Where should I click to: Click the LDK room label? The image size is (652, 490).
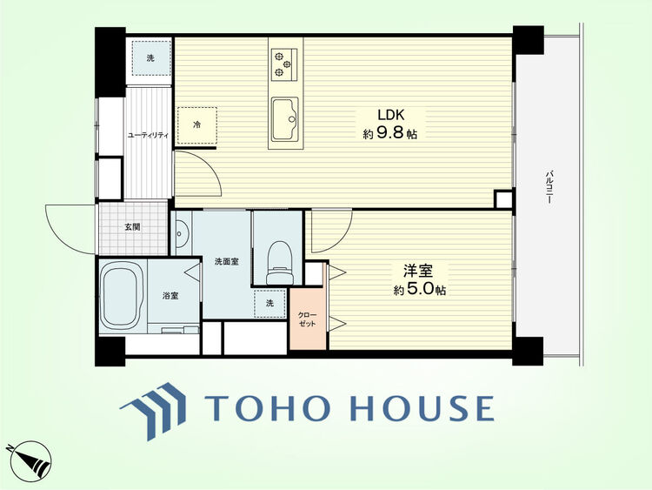pos(390,115)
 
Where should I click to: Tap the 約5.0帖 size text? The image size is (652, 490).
pos(420,289)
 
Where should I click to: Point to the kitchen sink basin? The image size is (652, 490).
pos(285,119)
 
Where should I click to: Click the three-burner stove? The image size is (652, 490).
pos(284,64)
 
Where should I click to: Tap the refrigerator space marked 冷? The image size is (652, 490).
pos(197,125)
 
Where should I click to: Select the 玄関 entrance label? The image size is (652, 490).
pos(133,227)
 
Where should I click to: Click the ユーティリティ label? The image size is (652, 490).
pos(148,135)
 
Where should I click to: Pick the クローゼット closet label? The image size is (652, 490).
pos(308,319)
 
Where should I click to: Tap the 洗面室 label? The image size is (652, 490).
pos(227,261)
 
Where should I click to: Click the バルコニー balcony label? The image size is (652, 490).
pos(549,186)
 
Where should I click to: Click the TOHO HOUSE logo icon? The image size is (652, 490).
pos(153,411)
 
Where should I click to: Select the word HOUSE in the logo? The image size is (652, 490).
pos(422,408)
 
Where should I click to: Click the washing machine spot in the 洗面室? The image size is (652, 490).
pos(269,304)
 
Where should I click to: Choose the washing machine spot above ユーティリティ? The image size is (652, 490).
pos(150,58)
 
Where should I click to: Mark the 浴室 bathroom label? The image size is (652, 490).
pos(170,296)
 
